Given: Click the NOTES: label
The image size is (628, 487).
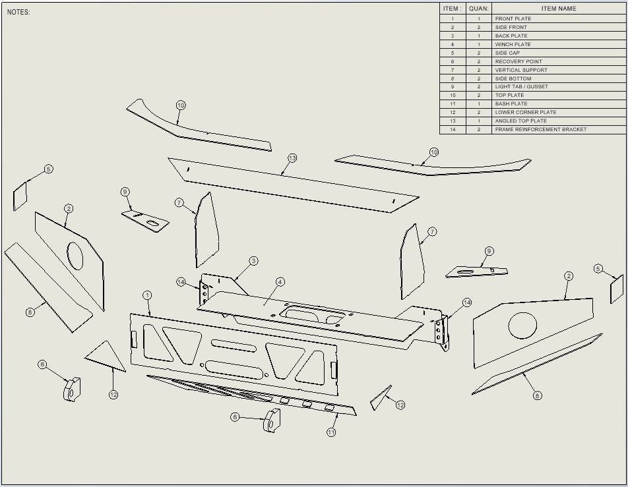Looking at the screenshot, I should click(18, 13).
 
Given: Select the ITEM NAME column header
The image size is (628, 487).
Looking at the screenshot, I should click(558, 9).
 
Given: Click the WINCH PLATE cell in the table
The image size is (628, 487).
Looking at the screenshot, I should click(513, 44).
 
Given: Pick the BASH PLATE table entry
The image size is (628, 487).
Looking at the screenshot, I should click(511, 103).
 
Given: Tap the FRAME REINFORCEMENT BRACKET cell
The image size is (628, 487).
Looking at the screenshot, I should click(540, 129).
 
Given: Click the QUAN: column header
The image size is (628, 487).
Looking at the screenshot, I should click(478, 9).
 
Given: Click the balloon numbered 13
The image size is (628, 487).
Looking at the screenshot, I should click(292, 158).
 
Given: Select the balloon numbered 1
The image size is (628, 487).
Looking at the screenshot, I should click(147, 295).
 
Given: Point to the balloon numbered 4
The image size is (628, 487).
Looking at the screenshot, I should click(280, 282).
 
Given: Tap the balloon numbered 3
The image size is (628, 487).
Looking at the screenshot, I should click(253, 261).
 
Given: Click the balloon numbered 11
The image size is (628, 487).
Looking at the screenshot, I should click(331, 432).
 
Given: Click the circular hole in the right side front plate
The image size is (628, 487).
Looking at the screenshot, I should click(522, 327).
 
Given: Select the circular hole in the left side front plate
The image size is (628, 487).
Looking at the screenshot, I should click(75, 256).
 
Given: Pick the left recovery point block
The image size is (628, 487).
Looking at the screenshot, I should click(72, 389).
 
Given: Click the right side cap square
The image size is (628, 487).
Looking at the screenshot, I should click(617, 289).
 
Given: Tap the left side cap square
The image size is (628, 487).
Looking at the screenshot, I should click(20, 196).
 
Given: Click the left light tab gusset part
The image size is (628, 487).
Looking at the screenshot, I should click(146, 220).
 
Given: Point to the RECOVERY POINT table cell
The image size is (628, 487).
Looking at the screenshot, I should click(518, 61).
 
